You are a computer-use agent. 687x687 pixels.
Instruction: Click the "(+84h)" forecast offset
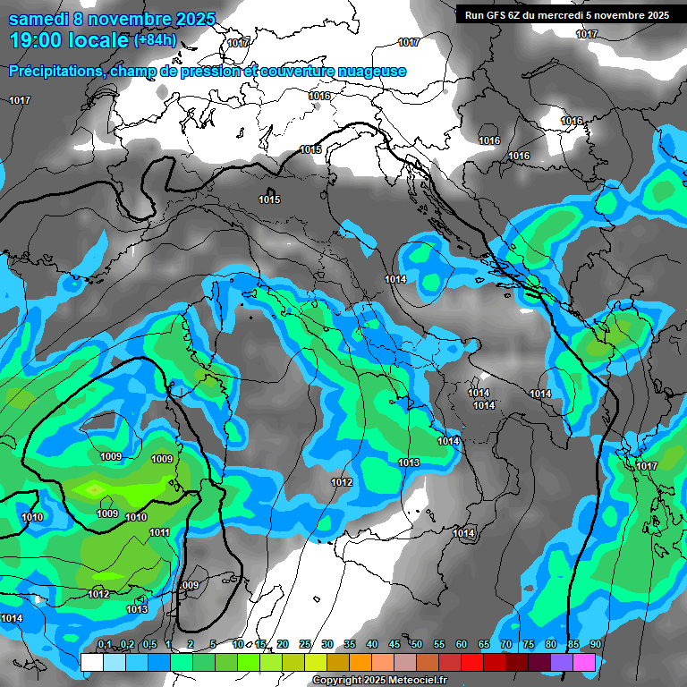coord(154,40)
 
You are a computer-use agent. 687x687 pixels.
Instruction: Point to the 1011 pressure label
coord(159,532)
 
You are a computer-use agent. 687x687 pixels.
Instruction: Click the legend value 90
coord(595,645)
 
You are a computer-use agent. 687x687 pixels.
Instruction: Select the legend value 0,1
coord(105,645)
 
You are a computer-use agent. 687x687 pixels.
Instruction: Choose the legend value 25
coord(305,645)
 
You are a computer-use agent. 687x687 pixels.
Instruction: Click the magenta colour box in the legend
coord(584,662)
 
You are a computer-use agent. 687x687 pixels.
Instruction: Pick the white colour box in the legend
coord(91,662)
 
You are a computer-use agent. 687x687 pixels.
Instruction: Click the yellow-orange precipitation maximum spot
coord(94,488)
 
